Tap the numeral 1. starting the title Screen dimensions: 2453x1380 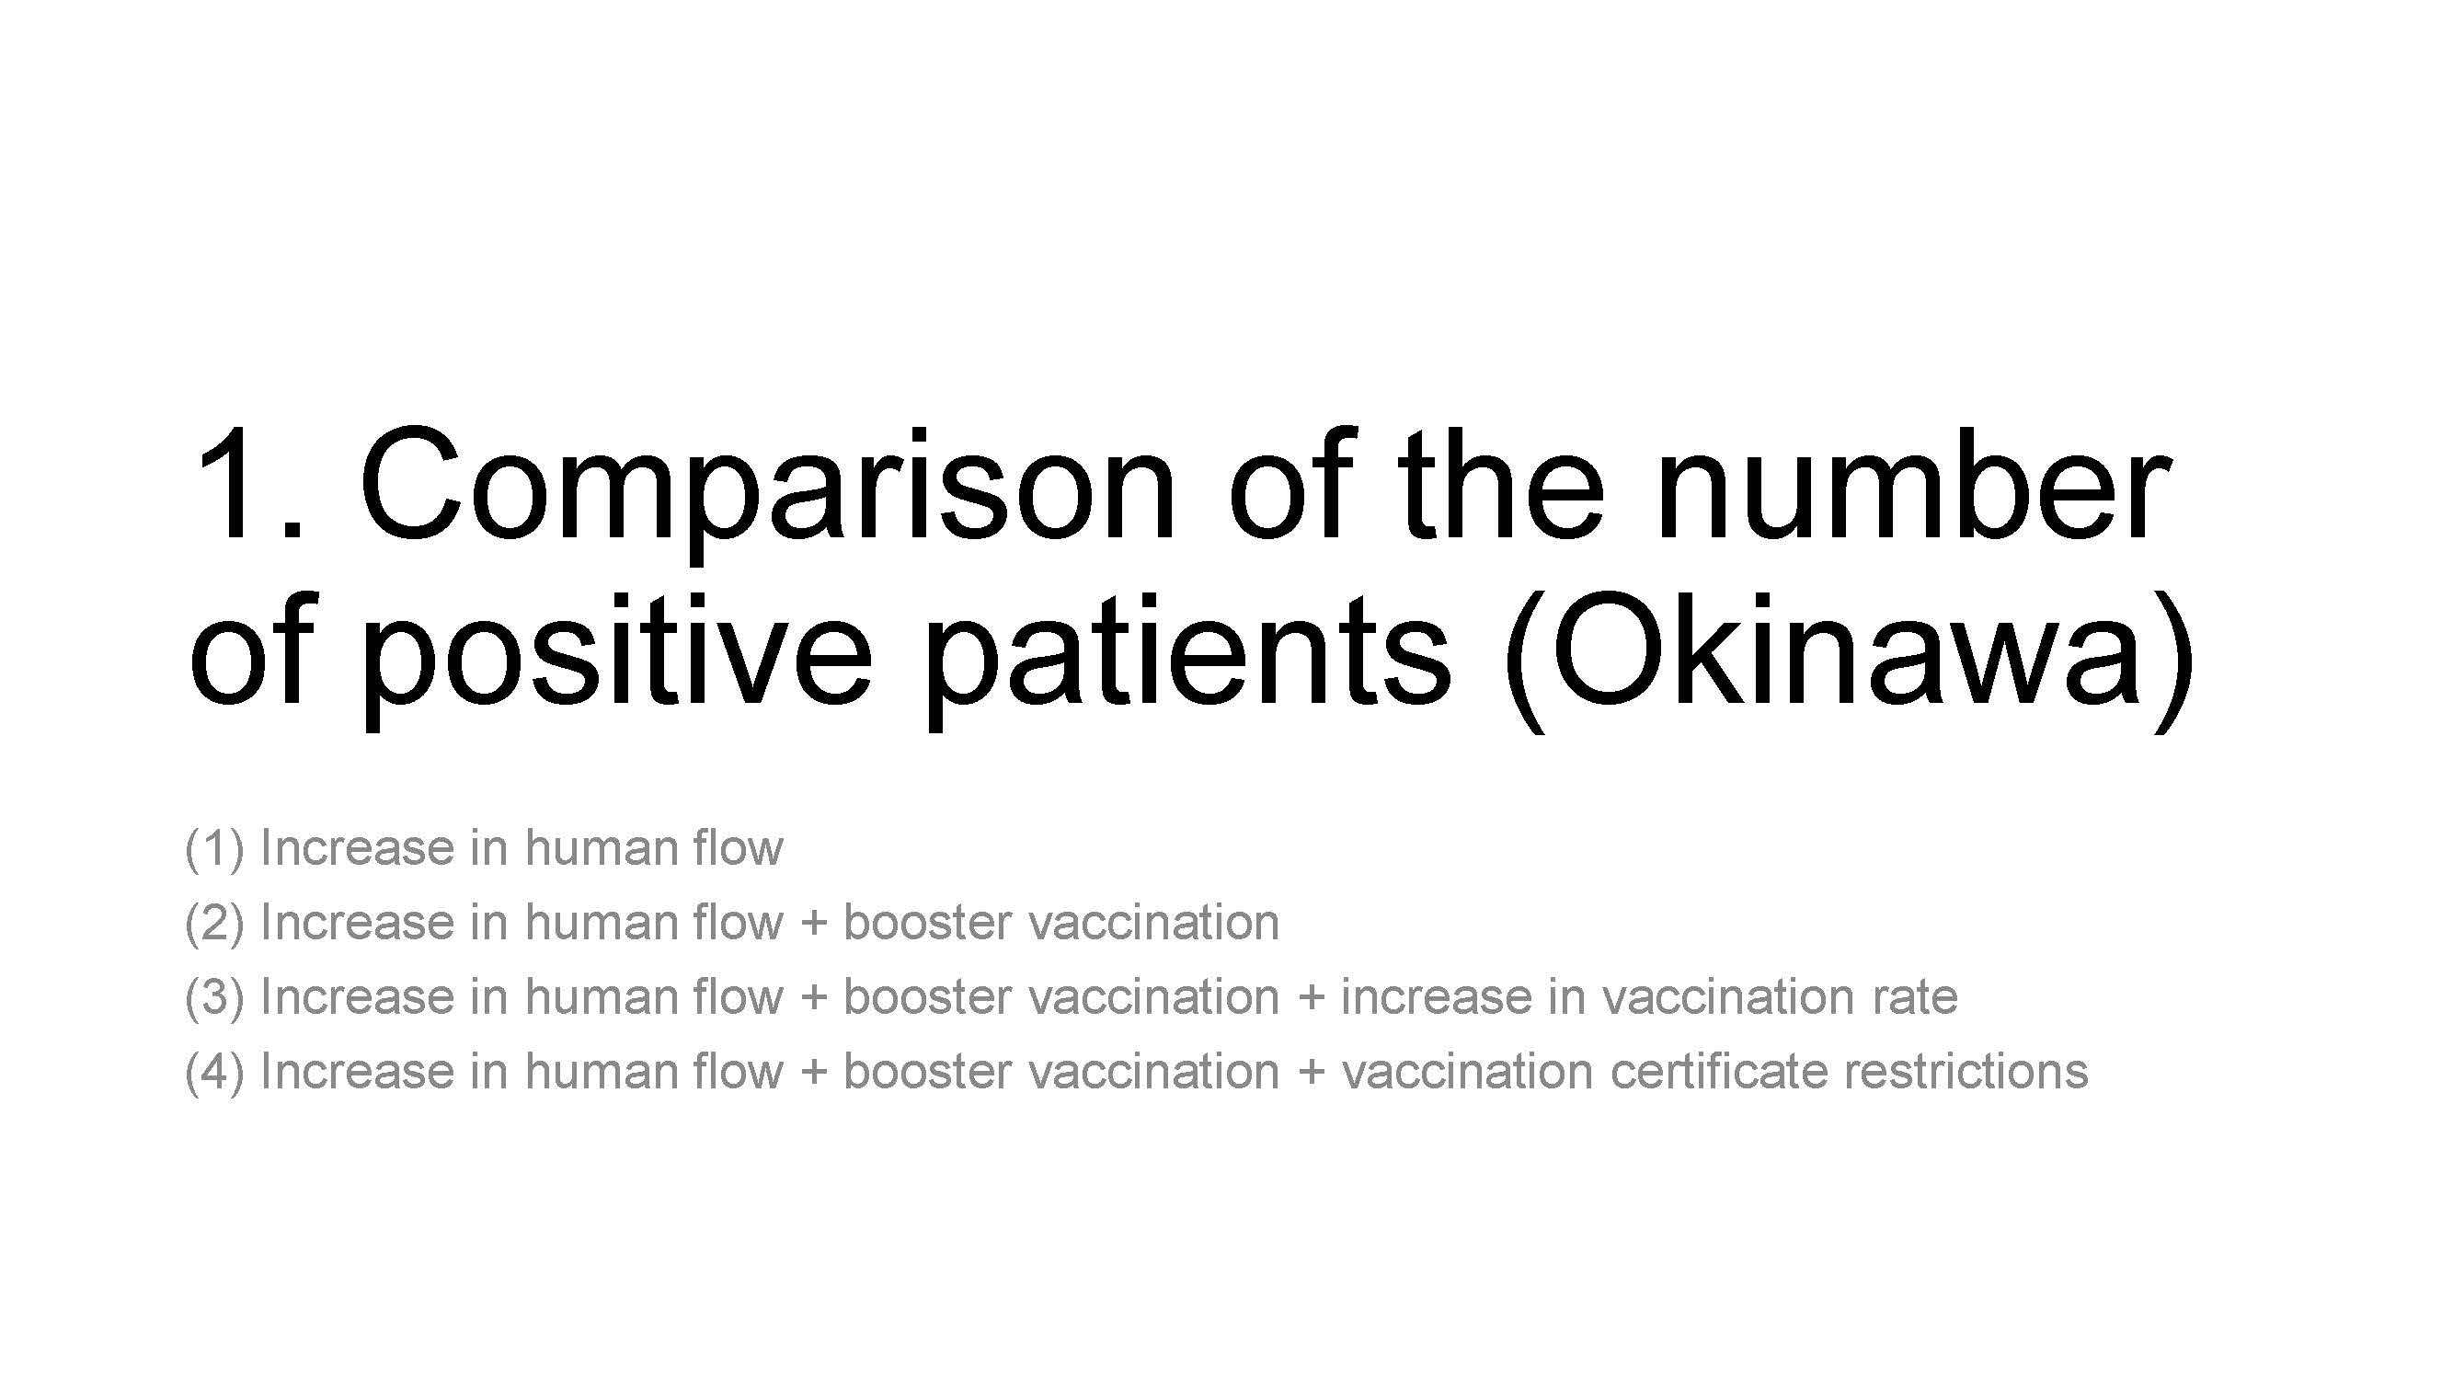click(x=249, y=484)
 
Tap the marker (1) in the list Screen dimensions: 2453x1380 click(x=214, y=847)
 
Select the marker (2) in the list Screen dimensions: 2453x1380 click(x=214, y=922)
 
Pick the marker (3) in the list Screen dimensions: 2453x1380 click(x=214, y=996)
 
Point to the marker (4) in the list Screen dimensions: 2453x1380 click(x=214, y=1071)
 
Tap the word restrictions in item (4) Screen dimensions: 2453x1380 click(x=1966, y=1071)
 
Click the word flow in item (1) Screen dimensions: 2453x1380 click(x=738, y=845)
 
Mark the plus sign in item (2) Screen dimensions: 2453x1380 click(x=813, y=923)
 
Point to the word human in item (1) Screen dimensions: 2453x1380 click(x=600, y=845)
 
